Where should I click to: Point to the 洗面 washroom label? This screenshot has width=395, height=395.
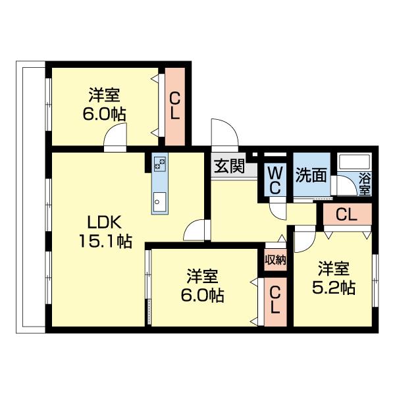(311, 175)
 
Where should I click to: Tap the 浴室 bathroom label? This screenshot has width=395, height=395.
(364, 183)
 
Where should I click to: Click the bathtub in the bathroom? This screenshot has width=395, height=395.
(354, 164)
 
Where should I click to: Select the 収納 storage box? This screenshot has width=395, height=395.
(275, 259)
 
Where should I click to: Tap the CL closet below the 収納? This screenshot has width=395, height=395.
(275, 300)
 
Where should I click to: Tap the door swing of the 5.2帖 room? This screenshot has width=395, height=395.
(303, 240)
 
